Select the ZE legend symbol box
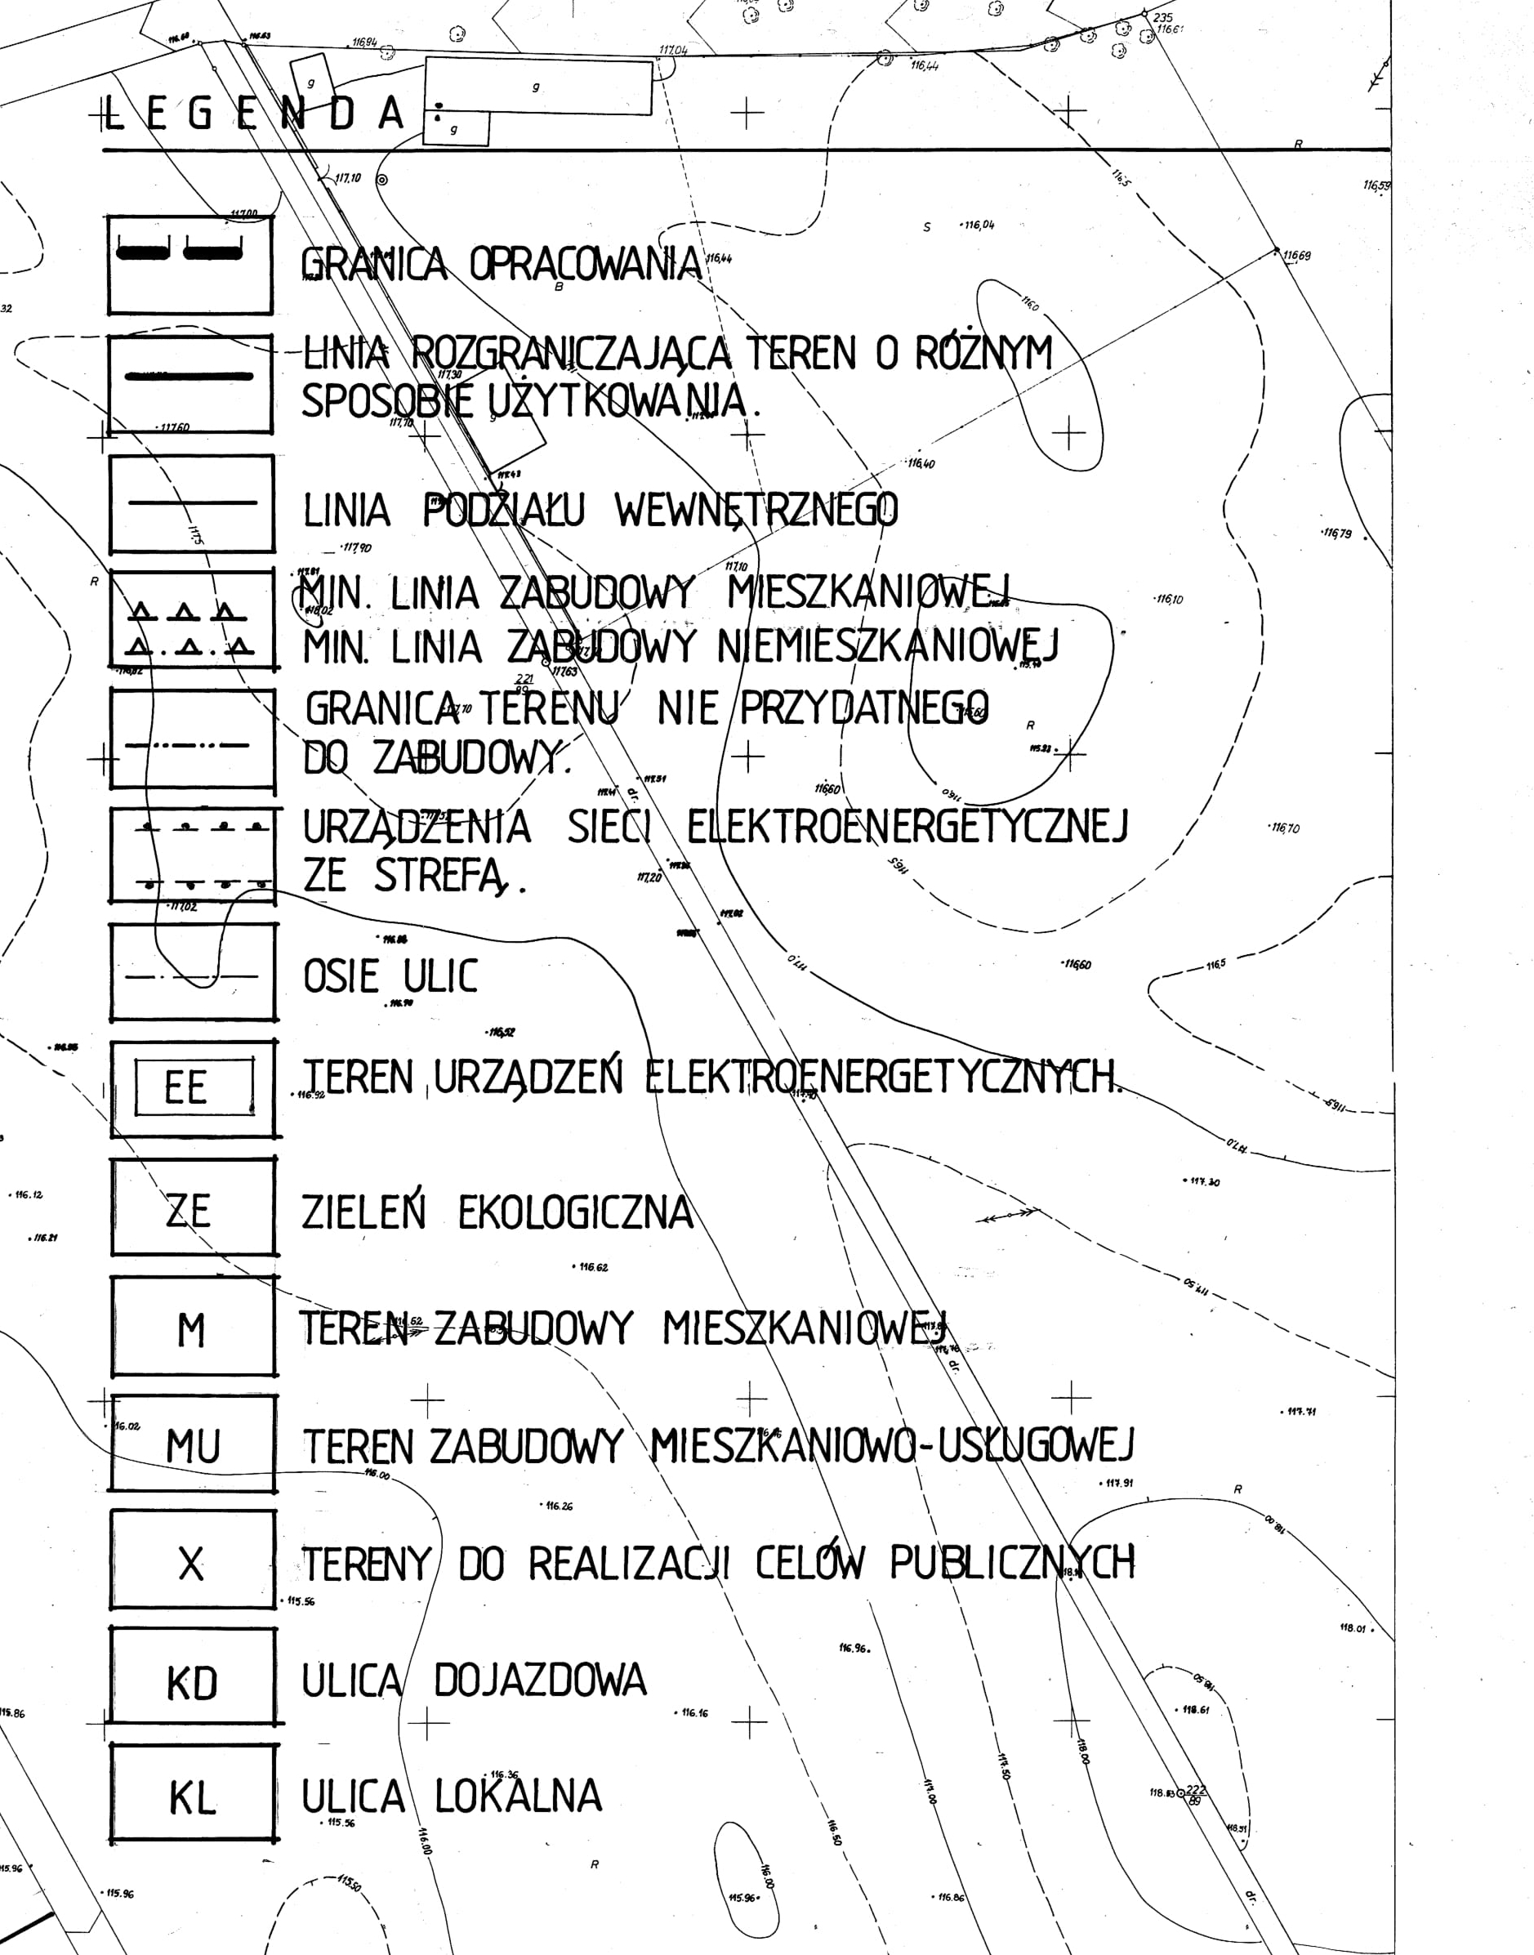click(x=193, y=1206)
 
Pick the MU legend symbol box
click(x=193, y=1444)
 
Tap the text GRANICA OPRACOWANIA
click(x=500, y=263)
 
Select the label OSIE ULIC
click(x=390, y=976)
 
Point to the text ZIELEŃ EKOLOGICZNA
click(x=497, y=1212)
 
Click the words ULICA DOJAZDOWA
click(x=473, y=1680)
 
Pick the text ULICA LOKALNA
click(x=451, y=1796)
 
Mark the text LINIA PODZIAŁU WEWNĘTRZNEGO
click(x=599, y=510)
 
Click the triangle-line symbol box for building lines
click(x=191, y=619)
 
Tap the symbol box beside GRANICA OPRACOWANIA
click(x=190, y=264)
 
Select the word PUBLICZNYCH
click(x=1012, y=1563)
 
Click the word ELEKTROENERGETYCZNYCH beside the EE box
click(x=884, y=1076)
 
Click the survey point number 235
click(x=1162, y=18)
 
